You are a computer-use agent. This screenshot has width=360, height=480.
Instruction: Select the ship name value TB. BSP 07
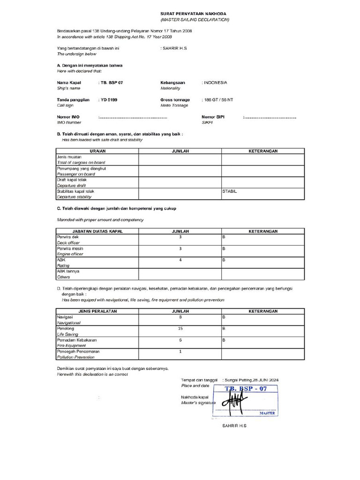[112, 82]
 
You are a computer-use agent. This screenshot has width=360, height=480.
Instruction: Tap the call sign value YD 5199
[110, 100]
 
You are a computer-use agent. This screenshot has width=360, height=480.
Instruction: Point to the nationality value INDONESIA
[215, 82]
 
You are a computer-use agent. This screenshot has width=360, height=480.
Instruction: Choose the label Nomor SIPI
[213, 117]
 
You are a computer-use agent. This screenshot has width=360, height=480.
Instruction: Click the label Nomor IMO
[68, 117]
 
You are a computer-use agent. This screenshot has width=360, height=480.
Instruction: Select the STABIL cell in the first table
[230, 191]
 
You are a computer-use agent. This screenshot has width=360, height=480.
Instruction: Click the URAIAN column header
[97, 151]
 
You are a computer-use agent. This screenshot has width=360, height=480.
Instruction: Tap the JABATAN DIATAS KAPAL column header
[97, 231]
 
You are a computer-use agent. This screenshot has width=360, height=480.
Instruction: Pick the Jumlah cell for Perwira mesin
[180, 248]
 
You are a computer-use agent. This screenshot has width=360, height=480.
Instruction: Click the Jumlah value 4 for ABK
[180, 260]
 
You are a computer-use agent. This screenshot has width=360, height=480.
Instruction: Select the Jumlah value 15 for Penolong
[180, 329]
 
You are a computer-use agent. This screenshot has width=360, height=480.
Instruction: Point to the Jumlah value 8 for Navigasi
[180, 317]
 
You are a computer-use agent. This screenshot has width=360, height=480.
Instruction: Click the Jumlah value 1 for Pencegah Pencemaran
[180, 351]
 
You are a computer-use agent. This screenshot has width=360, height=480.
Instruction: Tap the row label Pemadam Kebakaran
[76, 340]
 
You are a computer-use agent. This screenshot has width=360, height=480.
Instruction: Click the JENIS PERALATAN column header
[97, 311]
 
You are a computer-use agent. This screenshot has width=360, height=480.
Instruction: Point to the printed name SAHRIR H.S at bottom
[234, 426]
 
